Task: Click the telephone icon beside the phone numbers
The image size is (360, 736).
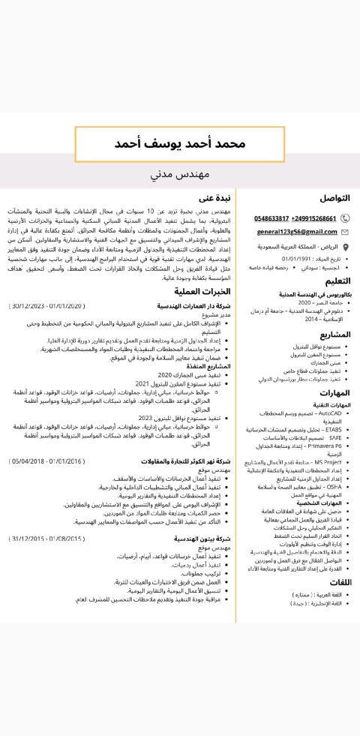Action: tap(345, 218)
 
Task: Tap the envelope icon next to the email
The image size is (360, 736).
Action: tap(345, 233)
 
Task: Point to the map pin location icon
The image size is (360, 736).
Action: tap(345, 247)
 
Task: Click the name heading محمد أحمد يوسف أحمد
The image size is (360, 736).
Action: tap(180, 143)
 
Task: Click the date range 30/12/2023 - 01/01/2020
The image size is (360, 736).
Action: tap(48, 306)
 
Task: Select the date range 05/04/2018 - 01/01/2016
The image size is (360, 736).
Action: tap(47, 461)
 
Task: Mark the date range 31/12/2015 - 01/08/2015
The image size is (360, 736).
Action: tap(47, 539)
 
